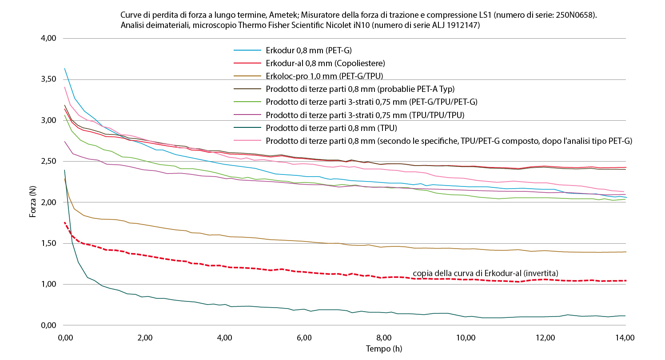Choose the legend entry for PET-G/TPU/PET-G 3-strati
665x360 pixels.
pos(371,102)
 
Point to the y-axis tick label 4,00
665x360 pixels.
pos(48,38)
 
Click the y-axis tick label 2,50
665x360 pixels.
pos(48,161)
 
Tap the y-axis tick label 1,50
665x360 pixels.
pos(48,243)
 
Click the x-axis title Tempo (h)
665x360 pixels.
pos(384,349)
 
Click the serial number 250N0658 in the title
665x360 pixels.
pos(575,15)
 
